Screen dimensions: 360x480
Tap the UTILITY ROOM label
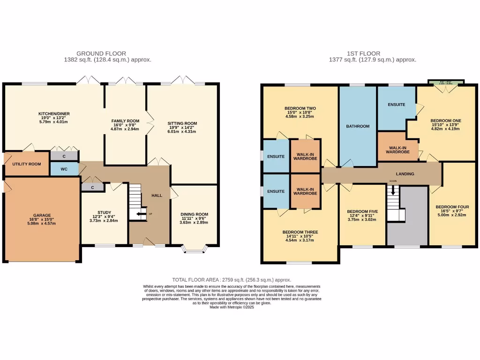(x=27, y=164)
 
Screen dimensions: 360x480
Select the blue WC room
(x=64, y=168)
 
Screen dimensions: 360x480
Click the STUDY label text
(x=105, y=212)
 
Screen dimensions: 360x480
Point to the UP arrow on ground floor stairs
(x=140, y=214)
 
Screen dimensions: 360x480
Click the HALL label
(x=157, y=195)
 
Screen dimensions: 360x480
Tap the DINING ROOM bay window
(x=194, y=248)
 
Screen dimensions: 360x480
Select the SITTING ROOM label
(x=182, y=123)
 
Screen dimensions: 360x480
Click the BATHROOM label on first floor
(x=358, y=126)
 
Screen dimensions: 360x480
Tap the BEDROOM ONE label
(x=446, y=120)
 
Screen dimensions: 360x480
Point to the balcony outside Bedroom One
(x=446, y=83)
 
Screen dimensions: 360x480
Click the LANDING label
(x=405, y=174)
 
